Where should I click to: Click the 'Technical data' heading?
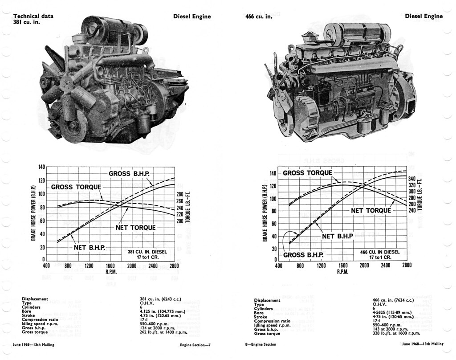click(33, 16)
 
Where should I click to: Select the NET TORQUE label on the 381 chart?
click(135, 228)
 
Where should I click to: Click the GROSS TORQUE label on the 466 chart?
click(307, 173)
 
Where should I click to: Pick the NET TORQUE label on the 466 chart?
click(371, 211)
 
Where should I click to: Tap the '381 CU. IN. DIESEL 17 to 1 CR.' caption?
click(147, 254)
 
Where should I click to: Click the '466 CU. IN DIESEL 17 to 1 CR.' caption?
click(380, 254)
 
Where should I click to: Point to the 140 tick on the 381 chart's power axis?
click(41, 167)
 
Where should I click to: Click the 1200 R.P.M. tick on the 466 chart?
click(321, 266)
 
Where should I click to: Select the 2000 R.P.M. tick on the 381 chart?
click(131, 266)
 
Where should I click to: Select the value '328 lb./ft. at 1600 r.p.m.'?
click(396, 333)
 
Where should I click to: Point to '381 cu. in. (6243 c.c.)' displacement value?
click(160, 299)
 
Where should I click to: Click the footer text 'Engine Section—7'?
click(195, 344)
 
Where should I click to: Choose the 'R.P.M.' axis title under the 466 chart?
click(342, 272)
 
